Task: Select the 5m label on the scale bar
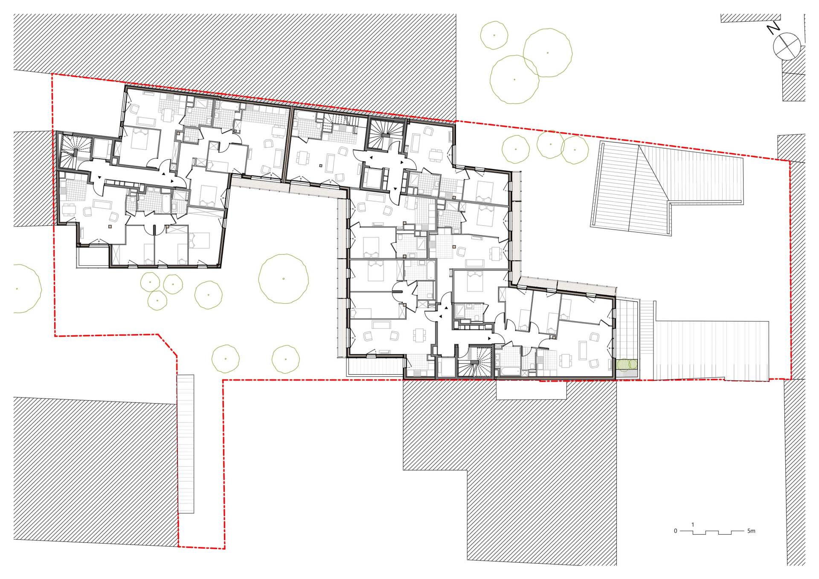point(751,531)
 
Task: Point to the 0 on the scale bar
point(675,531)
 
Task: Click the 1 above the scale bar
point(693,524)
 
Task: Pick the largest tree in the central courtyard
point(283,279)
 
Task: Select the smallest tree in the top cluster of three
point(494,35)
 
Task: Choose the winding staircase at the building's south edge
point(476,362)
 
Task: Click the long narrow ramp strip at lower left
point(186,444)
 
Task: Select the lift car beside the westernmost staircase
point(102,149)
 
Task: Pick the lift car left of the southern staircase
point(446,367)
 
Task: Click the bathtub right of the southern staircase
point(508,371)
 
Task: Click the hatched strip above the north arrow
point(751,18)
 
